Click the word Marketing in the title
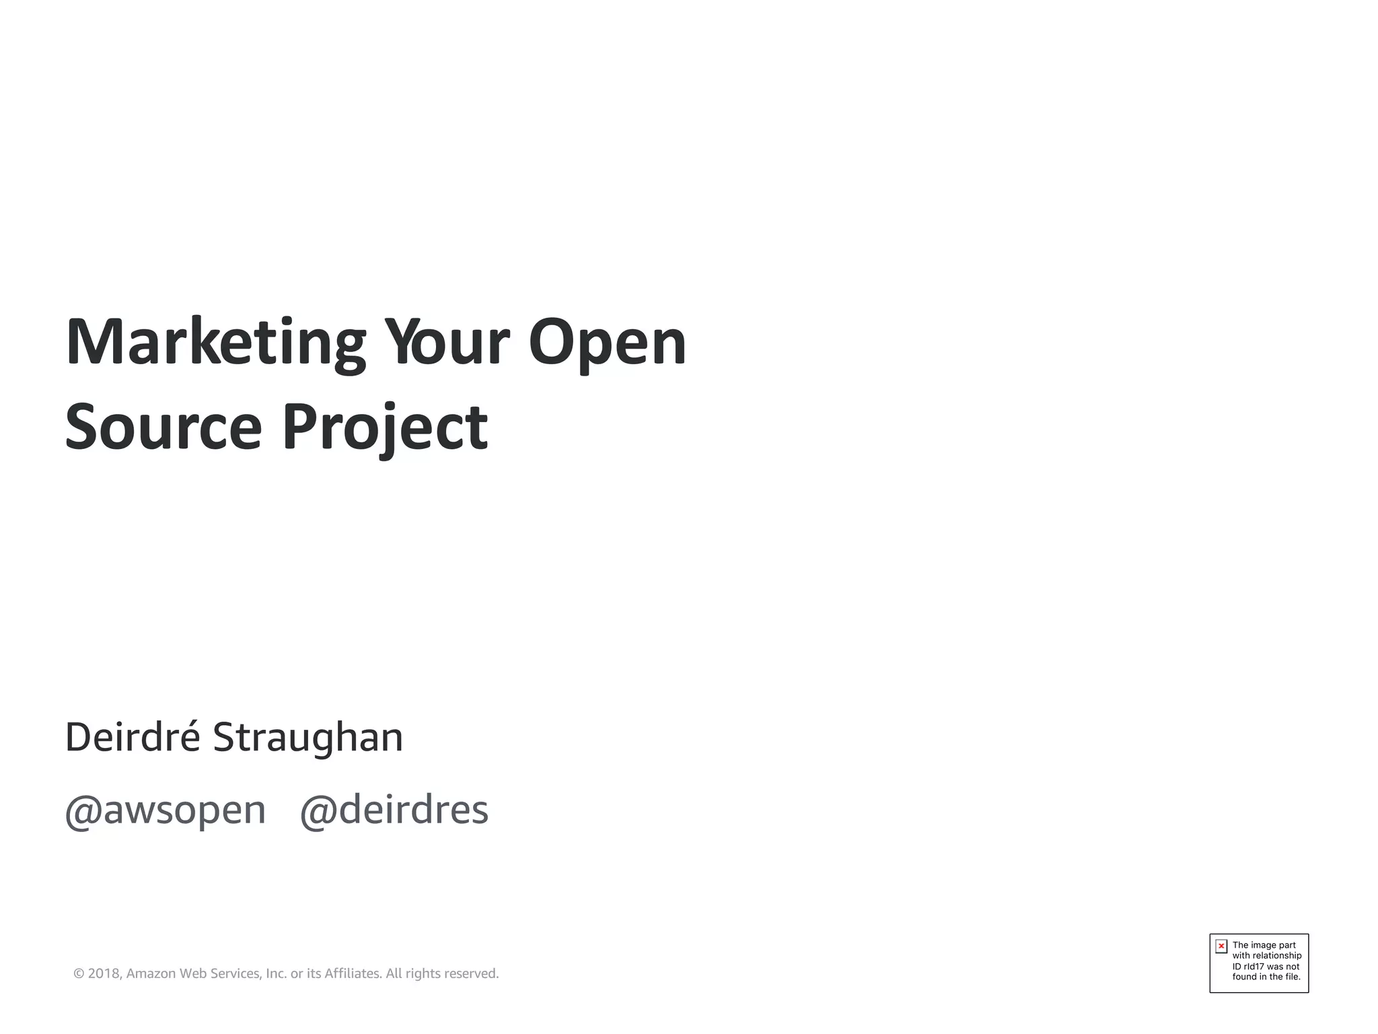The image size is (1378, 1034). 215,343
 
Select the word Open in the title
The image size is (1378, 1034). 607,343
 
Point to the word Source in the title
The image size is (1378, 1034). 163,427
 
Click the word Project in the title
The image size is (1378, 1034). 384,428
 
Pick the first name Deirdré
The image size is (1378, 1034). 133,737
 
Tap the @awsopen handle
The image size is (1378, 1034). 166,811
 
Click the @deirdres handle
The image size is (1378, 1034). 394,811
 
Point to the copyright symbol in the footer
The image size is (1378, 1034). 79,974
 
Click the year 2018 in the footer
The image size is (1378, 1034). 104,974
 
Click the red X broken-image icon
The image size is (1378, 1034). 1221,946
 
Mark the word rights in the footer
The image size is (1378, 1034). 423,974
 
